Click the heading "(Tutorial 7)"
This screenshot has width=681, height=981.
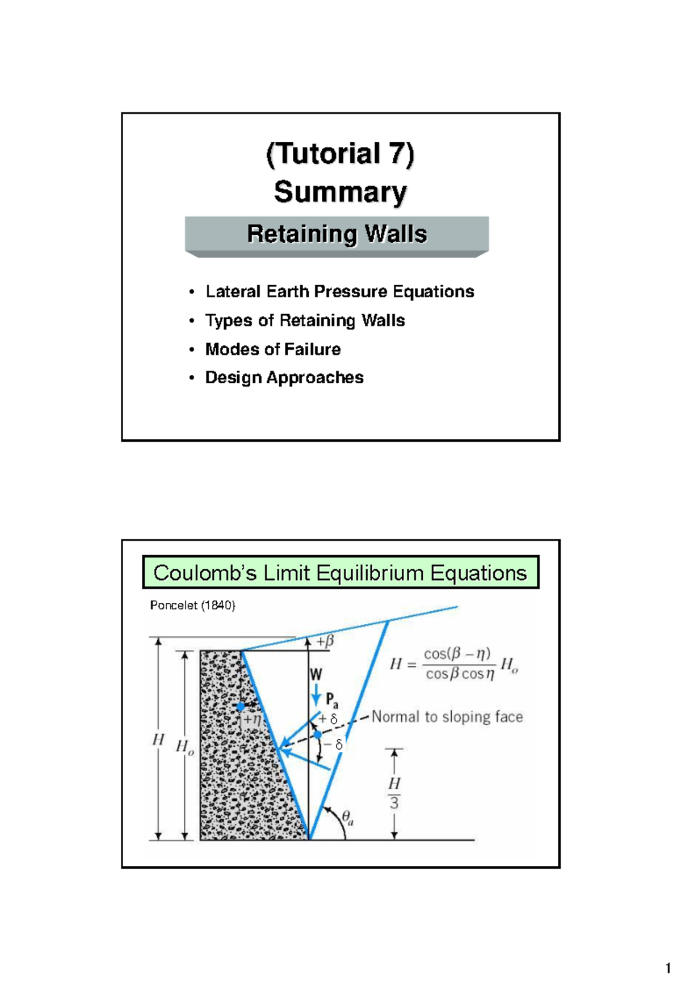pos(340,154)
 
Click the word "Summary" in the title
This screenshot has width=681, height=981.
pos(340,192)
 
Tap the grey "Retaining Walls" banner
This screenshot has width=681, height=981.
pos(337,234)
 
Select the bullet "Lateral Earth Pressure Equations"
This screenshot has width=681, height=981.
pos(339,291)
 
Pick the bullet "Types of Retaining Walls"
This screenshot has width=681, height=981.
pos(305,320)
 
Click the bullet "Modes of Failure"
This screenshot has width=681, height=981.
pos(272,349)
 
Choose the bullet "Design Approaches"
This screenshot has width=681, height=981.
pos(284,378)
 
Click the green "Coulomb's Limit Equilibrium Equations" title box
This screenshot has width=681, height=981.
pos(340,573)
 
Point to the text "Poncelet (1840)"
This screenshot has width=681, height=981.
pos(192,606)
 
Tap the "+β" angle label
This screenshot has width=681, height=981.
pos(325,641)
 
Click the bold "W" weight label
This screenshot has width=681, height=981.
pos(316,675)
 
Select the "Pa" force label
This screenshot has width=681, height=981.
pos(332,701)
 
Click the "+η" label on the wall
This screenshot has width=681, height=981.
pos(253,720)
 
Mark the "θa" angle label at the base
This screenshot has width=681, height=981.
pos(348,818)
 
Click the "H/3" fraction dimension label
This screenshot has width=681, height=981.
pos(394,793)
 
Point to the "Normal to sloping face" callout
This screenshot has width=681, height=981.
pos(447,717)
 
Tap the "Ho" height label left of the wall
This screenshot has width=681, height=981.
pos(184,747)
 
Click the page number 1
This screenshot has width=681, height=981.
pos(668,968)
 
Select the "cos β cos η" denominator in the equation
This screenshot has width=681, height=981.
pos(460,674)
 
